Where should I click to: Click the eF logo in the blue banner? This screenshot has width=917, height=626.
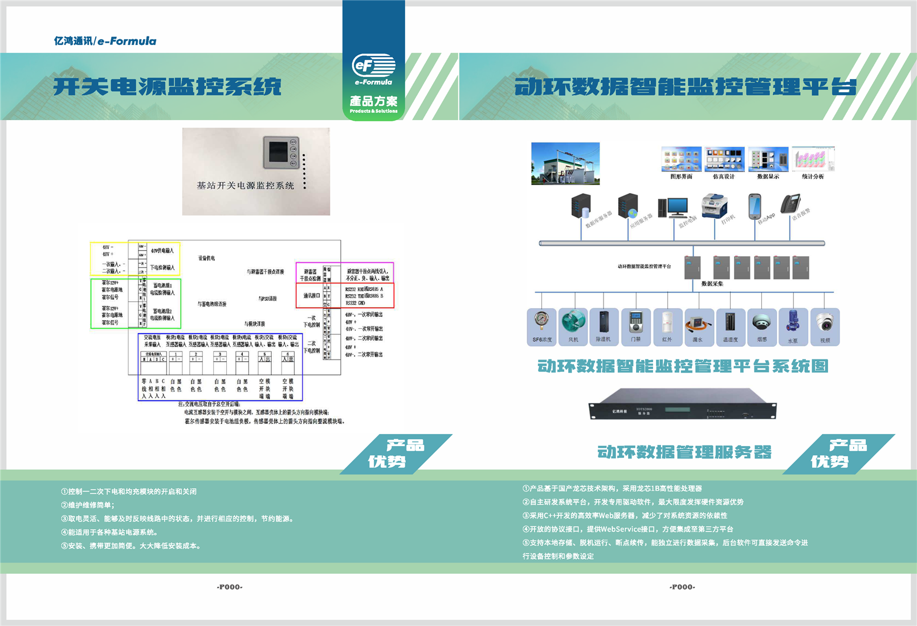[x=373, y=66]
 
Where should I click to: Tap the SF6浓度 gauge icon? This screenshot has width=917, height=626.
[x=541, y=322]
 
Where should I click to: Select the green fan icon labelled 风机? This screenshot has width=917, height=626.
[x=573, y=322]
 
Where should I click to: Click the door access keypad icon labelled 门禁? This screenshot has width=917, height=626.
[x=635, y=322]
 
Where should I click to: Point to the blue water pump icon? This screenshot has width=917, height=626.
[x=792, y=322]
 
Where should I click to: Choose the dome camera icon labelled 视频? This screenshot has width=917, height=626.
[x=825, y=322]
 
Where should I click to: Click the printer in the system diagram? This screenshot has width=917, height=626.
[x=715, y=206]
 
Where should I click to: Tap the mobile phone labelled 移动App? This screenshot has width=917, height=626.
[x=755, y=206]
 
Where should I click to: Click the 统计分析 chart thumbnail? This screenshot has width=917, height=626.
[x=813, y=159]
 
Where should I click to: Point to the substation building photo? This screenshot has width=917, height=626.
[x=565, y=163]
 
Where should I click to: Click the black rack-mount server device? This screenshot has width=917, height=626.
[x=682, y=404]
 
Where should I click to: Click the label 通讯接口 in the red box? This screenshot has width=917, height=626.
[x=312, y=296]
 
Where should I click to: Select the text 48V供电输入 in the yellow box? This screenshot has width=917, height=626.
[x=162, y=251]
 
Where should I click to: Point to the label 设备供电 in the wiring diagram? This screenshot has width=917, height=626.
[x=207, y=259]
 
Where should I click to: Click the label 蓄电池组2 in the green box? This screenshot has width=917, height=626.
[x=162, y=311]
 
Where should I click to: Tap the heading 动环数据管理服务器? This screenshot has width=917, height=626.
[x=684, y=452]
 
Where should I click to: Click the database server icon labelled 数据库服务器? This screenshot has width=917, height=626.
[x=581, y=206]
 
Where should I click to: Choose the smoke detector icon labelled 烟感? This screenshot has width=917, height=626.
[x=761, y=322]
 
